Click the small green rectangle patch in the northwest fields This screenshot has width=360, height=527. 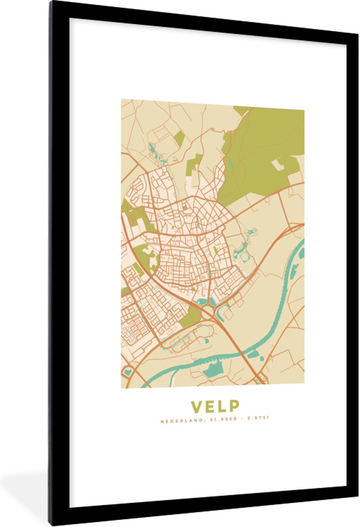click(x=179, y=138)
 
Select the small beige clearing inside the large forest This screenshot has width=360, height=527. click(x=277, y=165)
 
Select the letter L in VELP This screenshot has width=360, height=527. click(x=221, y=406)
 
